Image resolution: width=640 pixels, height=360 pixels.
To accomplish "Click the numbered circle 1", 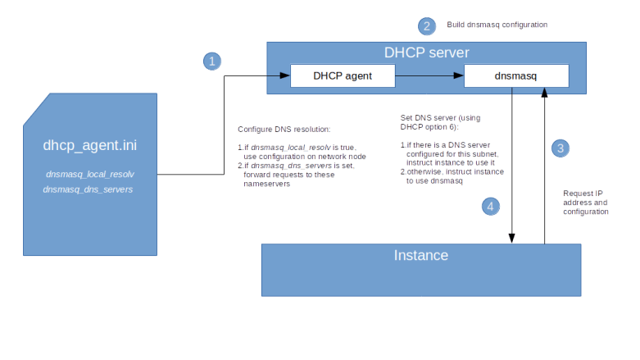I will [212, 62].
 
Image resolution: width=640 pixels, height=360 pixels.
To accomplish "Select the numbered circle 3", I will [560, 148].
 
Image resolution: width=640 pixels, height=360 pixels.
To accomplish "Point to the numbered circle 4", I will [490, 207].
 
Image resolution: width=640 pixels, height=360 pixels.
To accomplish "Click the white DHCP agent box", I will [343, 76].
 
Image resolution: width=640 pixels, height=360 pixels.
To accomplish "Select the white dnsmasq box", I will [516, 76].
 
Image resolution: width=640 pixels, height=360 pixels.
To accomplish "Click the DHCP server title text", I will [427, 53].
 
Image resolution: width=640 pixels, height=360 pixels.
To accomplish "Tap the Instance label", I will [420, 255].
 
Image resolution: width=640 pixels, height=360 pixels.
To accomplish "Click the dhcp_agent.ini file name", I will [90, 146].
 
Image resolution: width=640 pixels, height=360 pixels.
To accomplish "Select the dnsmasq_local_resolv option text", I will [90, 175].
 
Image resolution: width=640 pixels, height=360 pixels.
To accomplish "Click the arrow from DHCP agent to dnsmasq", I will [429, 76].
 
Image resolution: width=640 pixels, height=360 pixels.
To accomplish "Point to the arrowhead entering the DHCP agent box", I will [285, 76].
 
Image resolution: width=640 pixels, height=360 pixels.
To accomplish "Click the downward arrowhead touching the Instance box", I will [512, 239].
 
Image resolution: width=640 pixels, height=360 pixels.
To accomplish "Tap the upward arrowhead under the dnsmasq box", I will [544, 93].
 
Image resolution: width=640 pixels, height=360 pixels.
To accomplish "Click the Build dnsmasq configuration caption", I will [497, 26].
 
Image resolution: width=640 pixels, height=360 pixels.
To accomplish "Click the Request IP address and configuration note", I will [585, 202].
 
